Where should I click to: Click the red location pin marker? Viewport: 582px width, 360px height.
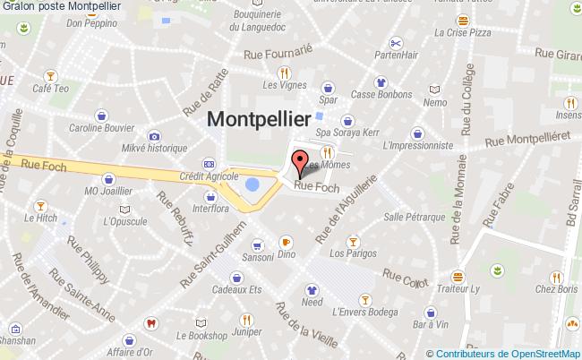[300, 163]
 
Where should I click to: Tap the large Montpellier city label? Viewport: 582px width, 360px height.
[260, 119]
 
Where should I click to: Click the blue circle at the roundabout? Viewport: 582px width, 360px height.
[252, 185]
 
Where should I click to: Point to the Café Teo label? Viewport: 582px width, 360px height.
[50, 90]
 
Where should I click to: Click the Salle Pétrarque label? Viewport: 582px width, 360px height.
[414, 217]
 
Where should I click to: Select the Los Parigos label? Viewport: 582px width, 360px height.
[352, 253]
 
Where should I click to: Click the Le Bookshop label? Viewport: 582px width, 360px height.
[201, 336]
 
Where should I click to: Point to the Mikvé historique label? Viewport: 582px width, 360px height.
[154, 147]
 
